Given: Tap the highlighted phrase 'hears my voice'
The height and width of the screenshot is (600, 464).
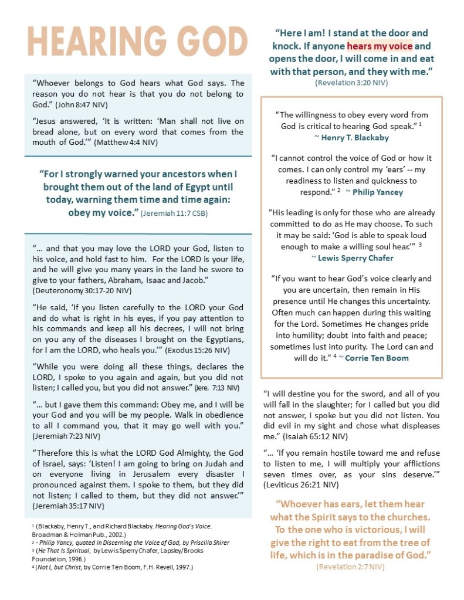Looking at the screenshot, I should (379, 46).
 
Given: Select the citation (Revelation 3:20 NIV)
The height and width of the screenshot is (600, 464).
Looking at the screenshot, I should (351, 83).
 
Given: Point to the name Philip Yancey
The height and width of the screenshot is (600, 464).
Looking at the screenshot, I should (377, 192).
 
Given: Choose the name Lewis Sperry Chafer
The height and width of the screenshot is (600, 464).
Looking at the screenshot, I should (351, 257).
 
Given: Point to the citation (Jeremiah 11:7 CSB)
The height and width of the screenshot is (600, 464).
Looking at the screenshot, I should (174, 213).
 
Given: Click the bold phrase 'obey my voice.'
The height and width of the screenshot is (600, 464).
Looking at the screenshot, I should (103, 212).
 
